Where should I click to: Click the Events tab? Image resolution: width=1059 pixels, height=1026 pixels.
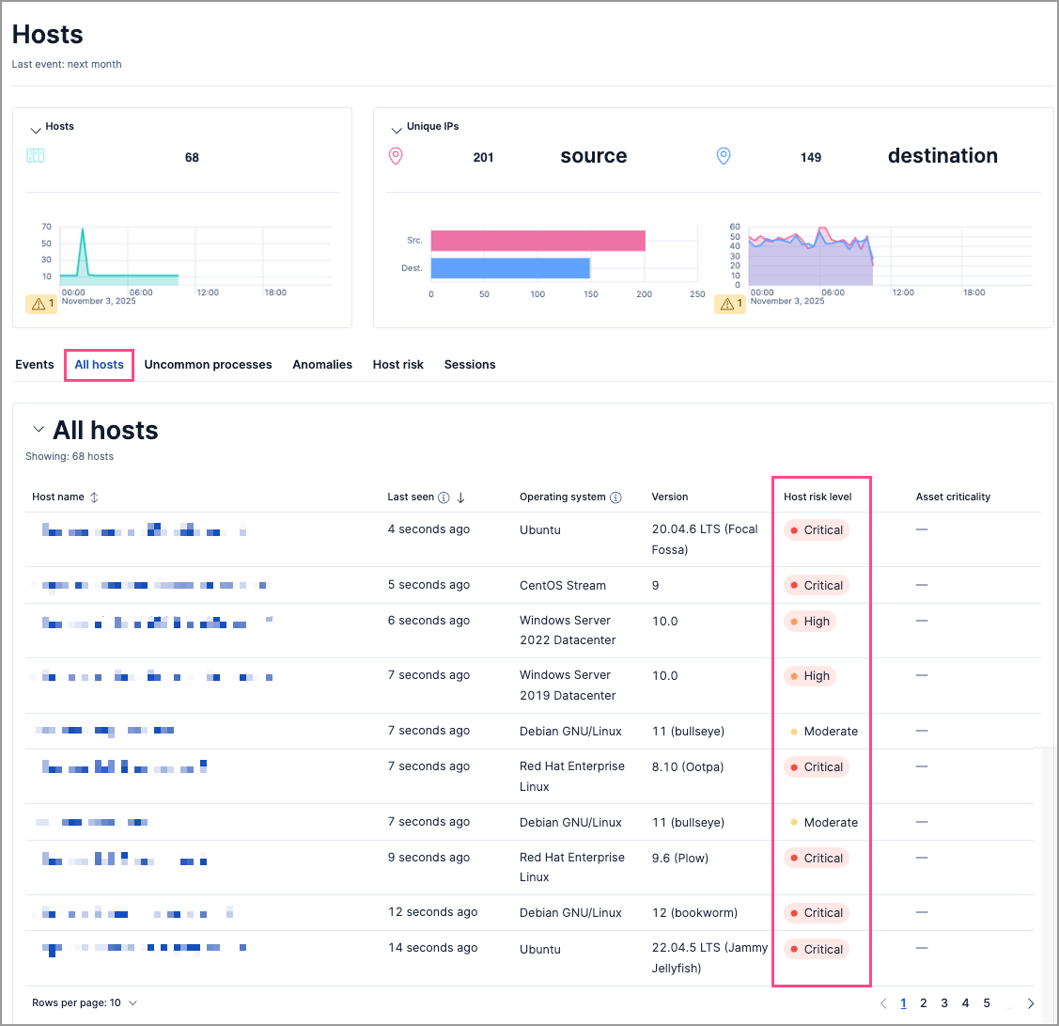pyautogui.click(x=35, y=365)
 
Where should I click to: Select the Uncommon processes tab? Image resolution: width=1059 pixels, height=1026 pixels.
pyautogui.click(x=208, y=365)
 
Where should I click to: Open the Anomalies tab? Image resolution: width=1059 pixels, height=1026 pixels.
pyautogui.click(x=322, y=365)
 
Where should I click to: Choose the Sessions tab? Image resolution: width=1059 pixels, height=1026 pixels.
pyautogui.click(x=470, y=365)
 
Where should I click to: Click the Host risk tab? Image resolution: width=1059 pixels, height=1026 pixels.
pyautogui.click(x=398, y=365)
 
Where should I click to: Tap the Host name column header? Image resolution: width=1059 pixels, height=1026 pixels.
pyautogui.click(x=58, y=497)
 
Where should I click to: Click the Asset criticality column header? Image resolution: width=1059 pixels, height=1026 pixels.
pyautogui.click(x=953, y=497)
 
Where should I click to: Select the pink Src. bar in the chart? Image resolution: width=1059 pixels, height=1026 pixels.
pyautogui.click(x=537, y=241)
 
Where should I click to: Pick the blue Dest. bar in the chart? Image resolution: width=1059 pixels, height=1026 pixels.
pyautogui.click(x=510, y=268)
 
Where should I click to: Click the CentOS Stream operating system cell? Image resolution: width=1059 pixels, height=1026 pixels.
pyautogui.click(x=563, y=585)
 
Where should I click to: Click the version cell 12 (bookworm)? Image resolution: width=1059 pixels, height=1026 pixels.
pyautogui.click(x=694, y=913)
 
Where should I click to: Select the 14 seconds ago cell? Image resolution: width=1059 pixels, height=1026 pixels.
pyautogui.click(x=432, y=948)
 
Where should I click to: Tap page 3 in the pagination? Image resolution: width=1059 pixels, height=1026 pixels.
pyautogui.click(x=944, y=1003)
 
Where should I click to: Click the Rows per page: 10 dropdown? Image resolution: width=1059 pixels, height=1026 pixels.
pyautogui.click(x=85, y=1003)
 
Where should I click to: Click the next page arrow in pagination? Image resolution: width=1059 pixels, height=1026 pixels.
pyautogui.click(x=1031, y=1003)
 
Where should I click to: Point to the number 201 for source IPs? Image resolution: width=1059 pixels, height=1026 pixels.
pyautogui.click(x=483, y=158)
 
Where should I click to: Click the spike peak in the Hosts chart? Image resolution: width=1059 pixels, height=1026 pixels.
pyautogui.click(x=83, y=229)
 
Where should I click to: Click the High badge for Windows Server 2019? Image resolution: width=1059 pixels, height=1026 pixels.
pyautogui.click(x=810, y=676)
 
